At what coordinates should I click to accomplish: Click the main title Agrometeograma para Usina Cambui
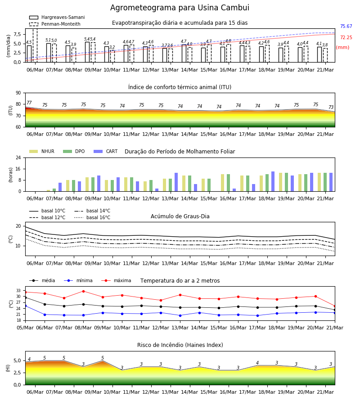[180, 8]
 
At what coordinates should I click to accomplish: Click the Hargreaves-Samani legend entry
[57, 17]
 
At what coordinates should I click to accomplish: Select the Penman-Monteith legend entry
[55, 24]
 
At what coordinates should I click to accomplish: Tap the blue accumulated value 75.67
[346, 27]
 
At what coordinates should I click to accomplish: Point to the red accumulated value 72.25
[346, 37]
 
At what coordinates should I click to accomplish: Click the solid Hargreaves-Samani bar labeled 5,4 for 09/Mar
[87, 52]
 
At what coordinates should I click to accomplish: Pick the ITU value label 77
[29, 103]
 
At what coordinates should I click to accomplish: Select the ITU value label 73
[331, 107]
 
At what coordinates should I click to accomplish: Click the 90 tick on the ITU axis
[18, 93]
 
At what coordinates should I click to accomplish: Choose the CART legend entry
[106, 151]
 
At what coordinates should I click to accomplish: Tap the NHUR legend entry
[42, 151]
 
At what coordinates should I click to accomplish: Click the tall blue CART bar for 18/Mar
[273, 181]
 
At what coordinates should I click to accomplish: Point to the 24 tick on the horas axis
[18, 157]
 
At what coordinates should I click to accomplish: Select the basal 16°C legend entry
[92, 217]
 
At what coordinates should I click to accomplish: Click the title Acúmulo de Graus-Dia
[180, 216]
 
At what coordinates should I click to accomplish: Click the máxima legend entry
[116, 280]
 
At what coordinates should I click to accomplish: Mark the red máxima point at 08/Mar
[83, 291]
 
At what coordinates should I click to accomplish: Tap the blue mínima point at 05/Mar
[25, 306]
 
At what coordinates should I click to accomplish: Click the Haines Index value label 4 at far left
[29, 359]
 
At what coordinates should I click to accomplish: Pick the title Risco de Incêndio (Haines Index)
[180, 345]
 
